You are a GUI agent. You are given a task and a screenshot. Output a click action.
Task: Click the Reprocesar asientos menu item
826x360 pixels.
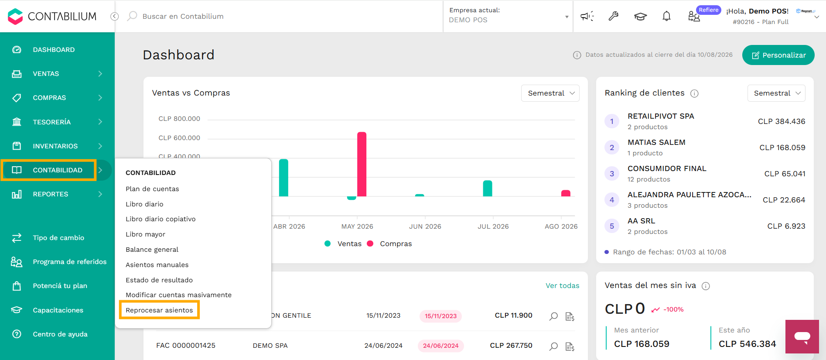click(159, 310)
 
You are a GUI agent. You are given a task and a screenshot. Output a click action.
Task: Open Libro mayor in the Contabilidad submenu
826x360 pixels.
click(145, 234)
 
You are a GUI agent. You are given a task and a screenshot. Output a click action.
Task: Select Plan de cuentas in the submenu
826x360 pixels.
click(152, 189)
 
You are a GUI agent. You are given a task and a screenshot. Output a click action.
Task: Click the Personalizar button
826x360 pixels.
click(778, 55)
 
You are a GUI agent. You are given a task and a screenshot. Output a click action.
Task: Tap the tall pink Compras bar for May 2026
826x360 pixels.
click(362, 164)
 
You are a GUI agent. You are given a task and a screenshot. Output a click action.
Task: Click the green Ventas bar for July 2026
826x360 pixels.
click(488, 189)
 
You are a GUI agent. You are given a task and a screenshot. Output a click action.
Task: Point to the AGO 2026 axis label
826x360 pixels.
click(561, 226)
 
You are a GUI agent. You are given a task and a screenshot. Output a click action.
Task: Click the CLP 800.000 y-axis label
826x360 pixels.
click(179, 119)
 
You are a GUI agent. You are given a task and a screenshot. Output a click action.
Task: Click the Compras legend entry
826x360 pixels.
click(389, 244)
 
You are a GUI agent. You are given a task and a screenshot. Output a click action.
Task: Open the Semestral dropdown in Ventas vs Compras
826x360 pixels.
click(550, 93)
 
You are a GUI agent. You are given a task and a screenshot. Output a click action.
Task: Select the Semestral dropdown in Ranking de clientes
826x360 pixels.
click(776, 93)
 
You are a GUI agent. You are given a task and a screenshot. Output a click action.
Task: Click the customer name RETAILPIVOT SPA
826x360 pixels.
click(661, 116)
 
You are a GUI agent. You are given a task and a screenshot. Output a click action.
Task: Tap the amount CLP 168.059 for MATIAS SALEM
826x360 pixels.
click(782, 147)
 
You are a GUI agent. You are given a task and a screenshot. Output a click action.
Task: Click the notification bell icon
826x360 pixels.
click(666, 16)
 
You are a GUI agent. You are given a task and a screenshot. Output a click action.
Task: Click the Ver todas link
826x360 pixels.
click(563, 286)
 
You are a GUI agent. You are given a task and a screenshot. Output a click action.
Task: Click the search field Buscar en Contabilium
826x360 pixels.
click(183, 16)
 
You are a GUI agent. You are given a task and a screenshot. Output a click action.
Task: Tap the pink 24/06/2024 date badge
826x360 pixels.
click(440, 346)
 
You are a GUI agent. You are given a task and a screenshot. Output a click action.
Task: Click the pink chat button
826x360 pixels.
click(802, 336)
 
